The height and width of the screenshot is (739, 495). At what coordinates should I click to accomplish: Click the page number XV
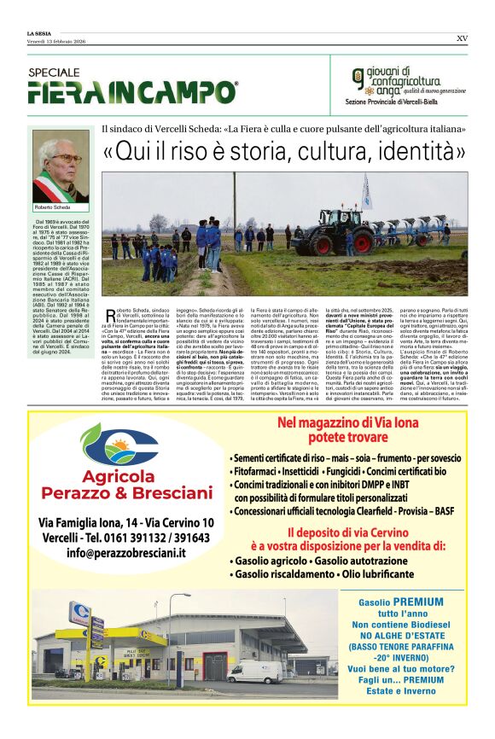click(462, 38)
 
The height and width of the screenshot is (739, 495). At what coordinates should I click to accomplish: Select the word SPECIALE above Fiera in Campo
click(54, 73)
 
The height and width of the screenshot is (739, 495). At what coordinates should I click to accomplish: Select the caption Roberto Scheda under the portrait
click(53, 207)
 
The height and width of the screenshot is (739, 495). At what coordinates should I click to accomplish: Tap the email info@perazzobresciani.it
click(126, 552)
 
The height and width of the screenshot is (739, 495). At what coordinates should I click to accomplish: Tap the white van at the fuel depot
click(253, 672)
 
